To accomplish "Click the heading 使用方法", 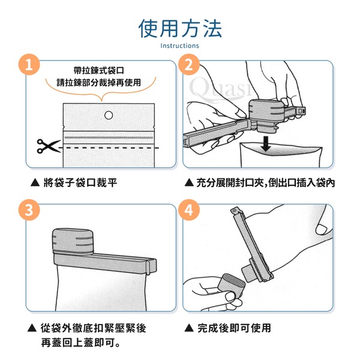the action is (180, 28).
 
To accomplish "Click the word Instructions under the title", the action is (179, 46).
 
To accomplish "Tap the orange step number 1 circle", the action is (29, 65).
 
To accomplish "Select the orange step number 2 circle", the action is (189, 65).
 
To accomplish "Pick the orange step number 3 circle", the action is (29, 210).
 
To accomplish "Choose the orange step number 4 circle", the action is (189, 210).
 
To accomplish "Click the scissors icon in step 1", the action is (48, 146).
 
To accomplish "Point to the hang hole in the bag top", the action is (109, 115).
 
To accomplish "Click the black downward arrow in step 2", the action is (266, 144).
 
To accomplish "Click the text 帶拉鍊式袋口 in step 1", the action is (99, 70).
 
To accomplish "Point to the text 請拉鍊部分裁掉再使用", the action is (99, 82).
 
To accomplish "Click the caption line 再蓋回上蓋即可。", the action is (80, 343).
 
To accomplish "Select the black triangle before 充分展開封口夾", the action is (189, 183).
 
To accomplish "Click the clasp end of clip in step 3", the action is (152, 266).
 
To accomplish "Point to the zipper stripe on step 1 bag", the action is (109, 137).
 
